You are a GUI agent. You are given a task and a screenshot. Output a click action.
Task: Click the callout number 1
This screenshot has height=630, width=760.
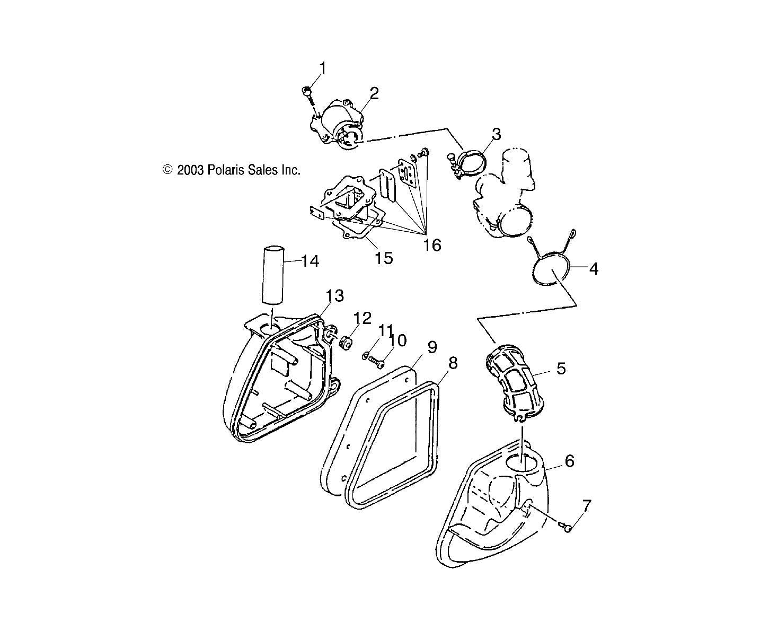tap(322, 68)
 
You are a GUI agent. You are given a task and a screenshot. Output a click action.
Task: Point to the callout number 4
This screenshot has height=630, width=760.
tap(594, 269)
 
